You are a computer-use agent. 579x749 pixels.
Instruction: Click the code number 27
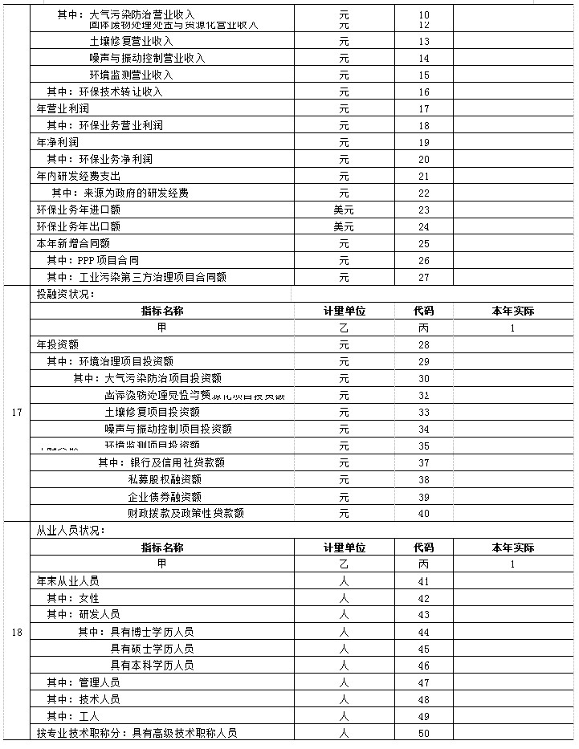[424, 278]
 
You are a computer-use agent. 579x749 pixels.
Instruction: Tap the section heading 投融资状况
[66, 295]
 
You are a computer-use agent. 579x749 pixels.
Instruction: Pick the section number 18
[17, 632]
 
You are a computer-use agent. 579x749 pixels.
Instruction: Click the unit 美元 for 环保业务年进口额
[344, 210]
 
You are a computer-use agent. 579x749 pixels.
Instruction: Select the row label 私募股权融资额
[165, 479]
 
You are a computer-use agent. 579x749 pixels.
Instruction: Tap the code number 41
[424, 581]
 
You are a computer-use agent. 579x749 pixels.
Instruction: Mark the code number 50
[424, 733]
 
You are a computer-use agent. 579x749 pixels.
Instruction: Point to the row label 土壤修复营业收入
[132, 41]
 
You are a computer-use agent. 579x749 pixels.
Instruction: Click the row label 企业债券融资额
[165, 497]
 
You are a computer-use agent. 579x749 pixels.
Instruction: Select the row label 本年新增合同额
[74, 243]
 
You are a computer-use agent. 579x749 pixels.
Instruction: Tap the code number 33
[424, 413]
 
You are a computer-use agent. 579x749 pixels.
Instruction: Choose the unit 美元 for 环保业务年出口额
[344, 227]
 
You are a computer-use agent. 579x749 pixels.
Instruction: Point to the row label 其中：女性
[73, 598]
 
